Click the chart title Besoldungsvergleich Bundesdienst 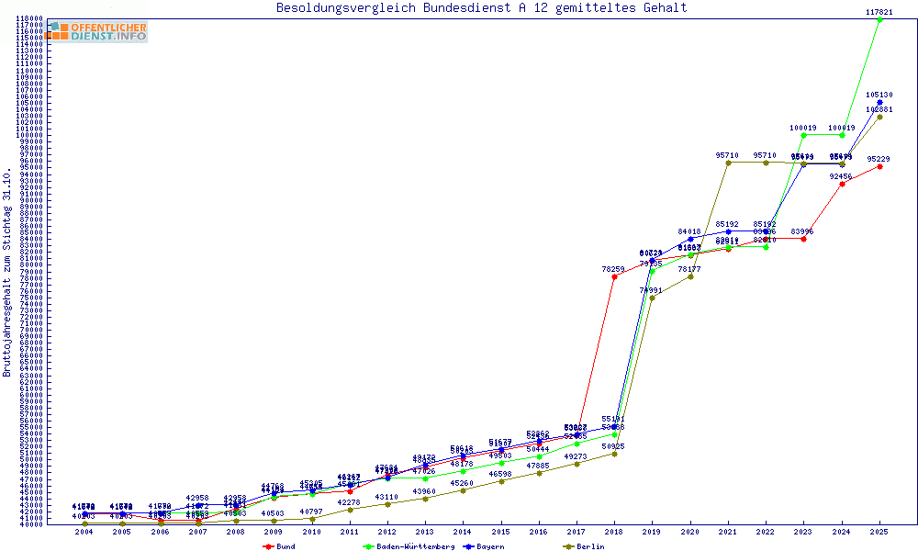click(x=481, y=8)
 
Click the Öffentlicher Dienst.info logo click(x=96, y=31)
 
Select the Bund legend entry click(x=280, y=546)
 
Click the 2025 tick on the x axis click(x=879, y=532)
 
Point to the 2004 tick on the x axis click(x=84, y=532)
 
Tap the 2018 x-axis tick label click(x=613, y=532)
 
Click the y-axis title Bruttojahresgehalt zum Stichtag click(x=8, y=273)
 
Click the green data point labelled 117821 click(x=879, y=19)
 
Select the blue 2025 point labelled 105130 click(x=879, y=102)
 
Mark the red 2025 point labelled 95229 click(x=879, y=166)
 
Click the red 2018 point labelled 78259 click(x=614, y=276)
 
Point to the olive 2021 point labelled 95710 click(x=728, y=163)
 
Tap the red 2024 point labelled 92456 click(x=842, y=184)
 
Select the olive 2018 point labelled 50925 click(x=614, y=454)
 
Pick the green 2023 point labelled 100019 click(x=803, y=135)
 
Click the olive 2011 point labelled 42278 click(x=350, y=510)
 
